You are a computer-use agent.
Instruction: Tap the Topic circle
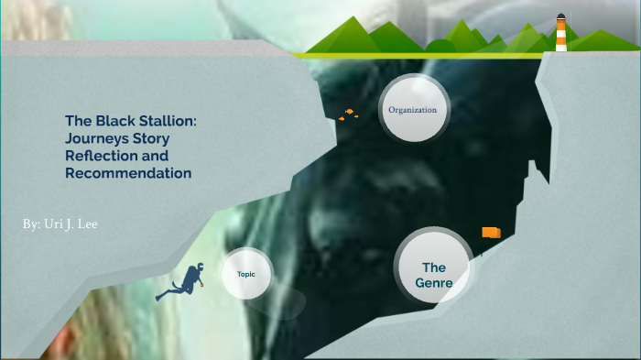[246, 274]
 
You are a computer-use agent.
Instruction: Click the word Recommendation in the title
[128, 173]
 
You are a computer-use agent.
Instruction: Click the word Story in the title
[151, 137]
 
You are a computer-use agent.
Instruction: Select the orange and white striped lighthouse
[560, 35]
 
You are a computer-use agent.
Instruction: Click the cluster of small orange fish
[347, 115]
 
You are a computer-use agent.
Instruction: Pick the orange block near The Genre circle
[492, 233]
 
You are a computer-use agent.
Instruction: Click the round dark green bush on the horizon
[441, 46]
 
